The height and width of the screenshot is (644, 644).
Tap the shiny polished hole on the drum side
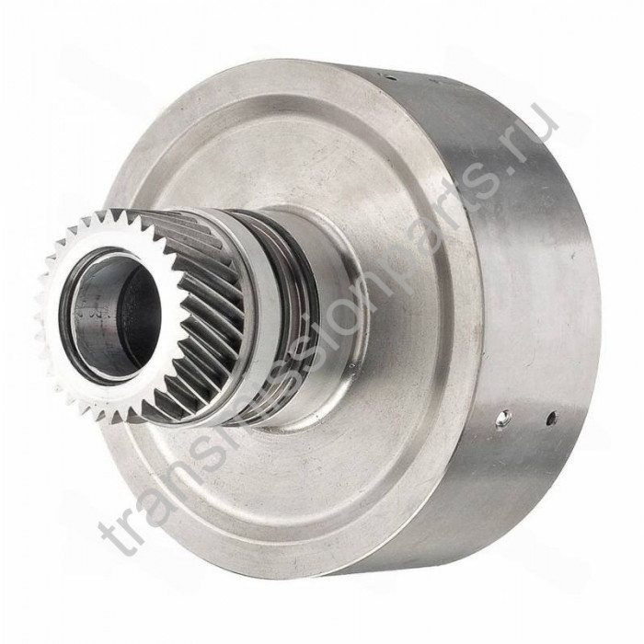click(x=501, y=418)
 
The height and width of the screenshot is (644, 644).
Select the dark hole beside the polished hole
click(x=552, y=419)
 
